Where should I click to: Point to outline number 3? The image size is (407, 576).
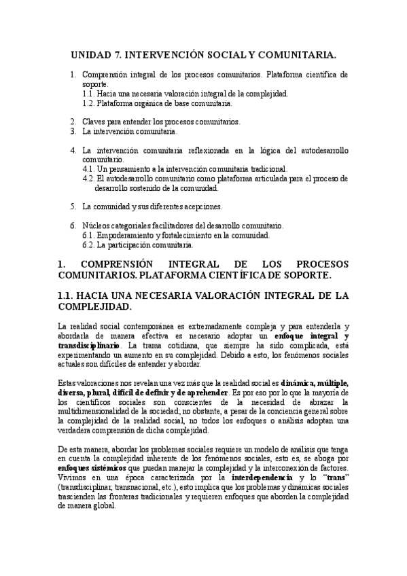[73, 130]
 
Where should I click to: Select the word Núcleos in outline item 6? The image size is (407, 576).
[96, 226]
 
